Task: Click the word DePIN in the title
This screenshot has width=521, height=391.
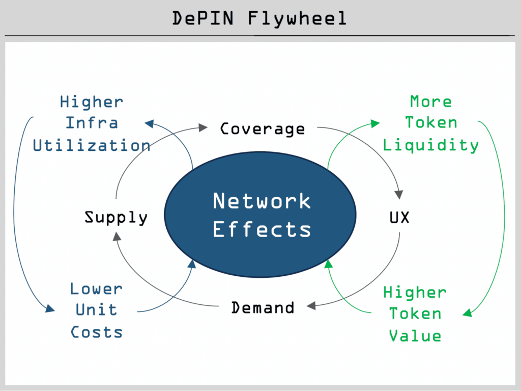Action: point(203,18)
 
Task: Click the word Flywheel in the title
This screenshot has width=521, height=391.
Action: point(297,18)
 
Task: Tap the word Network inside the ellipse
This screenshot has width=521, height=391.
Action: point(262,201)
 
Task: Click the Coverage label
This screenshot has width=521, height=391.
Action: point(263,129)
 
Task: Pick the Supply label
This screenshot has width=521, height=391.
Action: point(116,218)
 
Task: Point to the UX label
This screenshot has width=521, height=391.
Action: point(399,218)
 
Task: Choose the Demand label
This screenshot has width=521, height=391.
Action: point(263,307)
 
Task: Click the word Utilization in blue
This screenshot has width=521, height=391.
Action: point(92,146)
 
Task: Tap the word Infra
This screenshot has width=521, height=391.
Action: point(92,123)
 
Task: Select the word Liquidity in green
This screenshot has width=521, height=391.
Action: point(430,146)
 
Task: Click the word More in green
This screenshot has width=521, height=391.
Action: point(431,101)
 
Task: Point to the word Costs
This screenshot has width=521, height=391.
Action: point(96,332)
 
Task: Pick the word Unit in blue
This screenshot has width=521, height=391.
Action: point(96,310)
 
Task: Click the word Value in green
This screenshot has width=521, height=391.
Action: point(415,336)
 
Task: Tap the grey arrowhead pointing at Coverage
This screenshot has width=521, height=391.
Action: point(203,127)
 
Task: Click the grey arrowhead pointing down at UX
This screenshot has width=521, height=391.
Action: point(399,195)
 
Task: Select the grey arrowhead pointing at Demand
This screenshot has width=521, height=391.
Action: point(311,305)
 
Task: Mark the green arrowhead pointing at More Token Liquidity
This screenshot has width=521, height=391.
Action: point(375,123)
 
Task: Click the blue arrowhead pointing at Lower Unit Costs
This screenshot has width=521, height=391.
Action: point(50,308)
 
